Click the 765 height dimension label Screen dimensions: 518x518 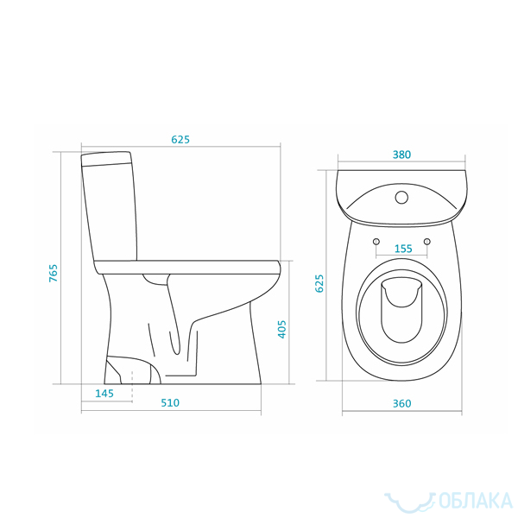(54, 273)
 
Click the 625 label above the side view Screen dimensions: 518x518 (180, 139)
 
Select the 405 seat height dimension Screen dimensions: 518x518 (281, 329)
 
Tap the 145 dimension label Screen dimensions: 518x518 (104, 394)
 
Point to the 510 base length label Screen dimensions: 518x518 (170, 402)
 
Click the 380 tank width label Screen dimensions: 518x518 (401, 155)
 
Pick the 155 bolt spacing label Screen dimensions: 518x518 (403, 249)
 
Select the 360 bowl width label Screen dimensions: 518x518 (402, 403)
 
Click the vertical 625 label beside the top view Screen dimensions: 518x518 (319, 283)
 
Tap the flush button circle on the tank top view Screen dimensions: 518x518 (401, 198)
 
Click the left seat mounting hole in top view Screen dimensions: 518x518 (376, 242)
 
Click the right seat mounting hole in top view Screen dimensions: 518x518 (427, 242)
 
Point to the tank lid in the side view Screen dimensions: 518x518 (106, 158)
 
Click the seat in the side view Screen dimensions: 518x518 (187, 268)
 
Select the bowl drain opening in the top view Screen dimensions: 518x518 (401, 310)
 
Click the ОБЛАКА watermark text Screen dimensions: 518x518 (476, 501)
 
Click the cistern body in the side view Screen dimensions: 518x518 (111, 212)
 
